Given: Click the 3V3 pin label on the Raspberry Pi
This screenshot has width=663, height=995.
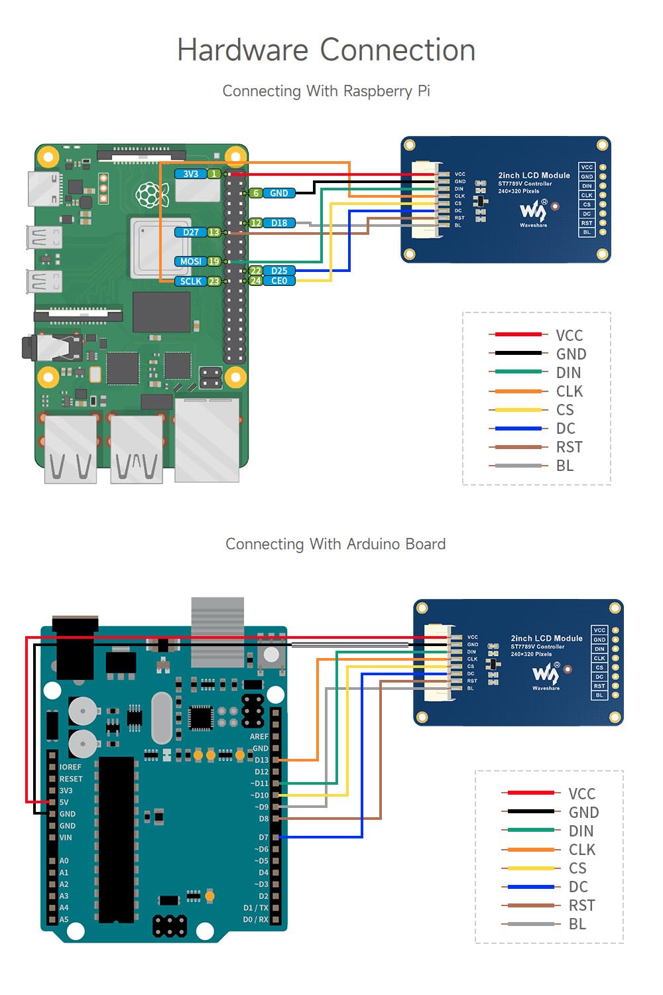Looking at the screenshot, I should (x=191, y=174).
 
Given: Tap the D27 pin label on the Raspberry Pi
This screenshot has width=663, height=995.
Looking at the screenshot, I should (x=191, y=232).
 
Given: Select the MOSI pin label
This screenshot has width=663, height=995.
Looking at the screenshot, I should (x=191, y=261).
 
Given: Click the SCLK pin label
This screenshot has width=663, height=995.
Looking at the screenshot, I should (x=191, y=281).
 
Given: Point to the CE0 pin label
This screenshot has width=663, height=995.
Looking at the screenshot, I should (x=279, y=281).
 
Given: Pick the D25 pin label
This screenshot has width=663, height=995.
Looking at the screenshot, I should (x=279, y=271).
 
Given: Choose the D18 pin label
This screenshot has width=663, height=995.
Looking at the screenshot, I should (x=279, y=223).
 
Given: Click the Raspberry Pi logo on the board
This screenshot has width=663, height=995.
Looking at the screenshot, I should (x=152, y=194).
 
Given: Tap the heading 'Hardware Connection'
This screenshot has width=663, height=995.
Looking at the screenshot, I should (x=326, y=50).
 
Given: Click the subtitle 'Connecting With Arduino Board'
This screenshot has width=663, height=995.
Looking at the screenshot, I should (x=335, y=544).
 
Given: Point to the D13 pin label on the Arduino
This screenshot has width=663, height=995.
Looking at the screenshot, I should (x=261, y=760).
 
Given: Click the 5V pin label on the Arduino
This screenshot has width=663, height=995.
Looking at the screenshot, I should (x=64, y=802).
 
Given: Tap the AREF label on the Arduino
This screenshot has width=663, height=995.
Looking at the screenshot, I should (x=259, y=736).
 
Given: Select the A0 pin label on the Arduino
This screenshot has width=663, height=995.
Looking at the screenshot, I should (x=64, y=860).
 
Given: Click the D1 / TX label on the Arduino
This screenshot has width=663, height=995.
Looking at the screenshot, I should (x=256, y=907).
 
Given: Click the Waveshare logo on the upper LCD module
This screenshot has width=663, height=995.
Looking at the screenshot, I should (x=534, y=212).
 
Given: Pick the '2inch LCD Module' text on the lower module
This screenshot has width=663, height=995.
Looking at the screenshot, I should (x=546, y=638).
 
